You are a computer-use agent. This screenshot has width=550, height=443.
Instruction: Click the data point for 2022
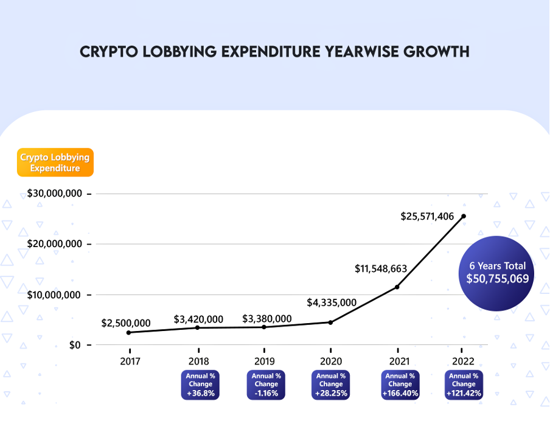tap(464, 216)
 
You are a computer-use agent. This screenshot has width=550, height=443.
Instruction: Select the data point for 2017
tap(128, 332)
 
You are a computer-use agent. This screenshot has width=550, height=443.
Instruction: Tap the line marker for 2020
tap(330, 322)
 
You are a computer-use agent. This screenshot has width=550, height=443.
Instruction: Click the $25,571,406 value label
tap(427, 216)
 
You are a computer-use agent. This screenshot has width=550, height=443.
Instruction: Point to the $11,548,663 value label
tap(381, 268)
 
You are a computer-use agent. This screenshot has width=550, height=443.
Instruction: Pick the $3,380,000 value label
tap(266, 318)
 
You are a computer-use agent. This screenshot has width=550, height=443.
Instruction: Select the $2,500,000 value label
tap(126, 323)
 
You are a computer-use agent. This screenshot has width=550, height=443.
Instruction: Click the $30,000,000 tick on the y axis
tap(55, 194)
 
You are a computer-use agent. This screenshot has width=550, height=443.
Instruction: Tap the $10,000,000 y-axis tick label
tap(55, 295)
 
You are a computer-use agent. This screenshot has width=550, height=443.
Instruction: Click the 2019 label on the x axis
tap(264, 360)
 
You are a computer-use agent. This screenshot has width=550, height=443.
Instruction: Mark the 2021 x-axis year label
tap(397, 360)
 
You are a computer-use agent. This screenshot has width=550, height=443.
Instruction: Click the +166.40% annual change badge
tap(400, 385)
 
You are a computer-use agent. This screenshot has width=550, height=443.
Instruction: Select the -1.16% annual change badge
tap(266, 385)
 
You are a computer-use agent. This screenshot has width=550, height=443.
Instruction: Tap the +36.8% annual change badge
tap(200, 385)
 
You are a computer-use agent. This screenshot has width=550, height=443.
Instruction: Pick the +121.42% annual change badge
tap(464, 385)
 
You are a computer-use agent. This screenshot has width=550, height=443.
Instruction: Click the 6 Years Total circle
tap(497, 273)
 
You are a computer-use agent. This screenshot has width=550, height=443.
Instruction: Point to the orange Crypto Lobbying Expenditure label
tap(55, 162)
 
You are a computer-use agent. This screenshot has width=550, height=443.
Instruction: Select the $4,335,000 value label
tap(332, 302)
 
